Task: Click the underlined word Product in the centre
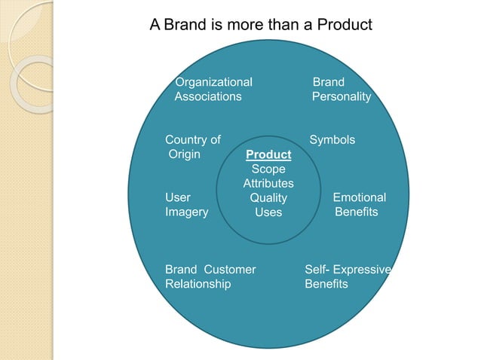[268, 155]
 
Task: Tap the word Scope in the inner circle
[268, 169]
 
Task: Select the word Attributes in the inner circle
[268, 184]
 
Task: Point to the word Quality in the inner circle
[268, 198]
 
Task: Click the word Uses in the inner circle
[268, 212]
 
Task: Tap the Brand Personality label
[342, 89]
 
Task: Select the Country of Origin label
[193, 147]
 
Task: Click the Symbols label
[332, 140]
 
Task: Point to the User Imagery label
[186, 205]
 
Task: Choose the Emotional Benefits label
[358, 205]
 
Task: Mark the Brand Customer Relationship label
[210, 276]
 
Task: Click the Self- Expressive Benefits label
[348, 276]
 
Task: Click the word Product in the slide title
[345, 25]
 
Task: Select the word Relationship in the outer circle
[198, 284]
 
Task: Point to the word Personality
[342, 96]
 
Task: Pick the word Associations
[208, 96]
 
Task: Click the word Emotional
[360, 197]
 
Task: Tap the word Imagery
[187, 212]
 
